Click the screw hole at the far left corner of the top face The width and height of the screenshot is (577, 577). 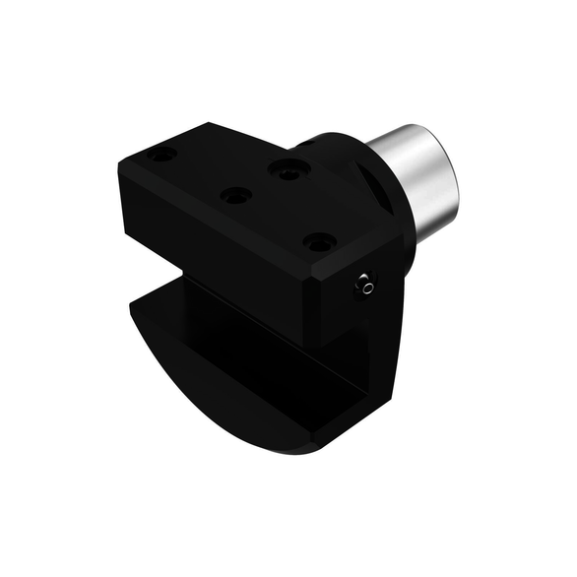163,154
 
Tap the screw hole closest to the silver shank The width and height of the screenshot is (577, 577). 288,169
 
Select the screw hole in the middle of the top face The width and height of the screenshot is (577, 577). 236,195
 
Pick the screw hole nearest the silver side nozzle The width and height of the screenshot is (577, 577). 319,240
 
